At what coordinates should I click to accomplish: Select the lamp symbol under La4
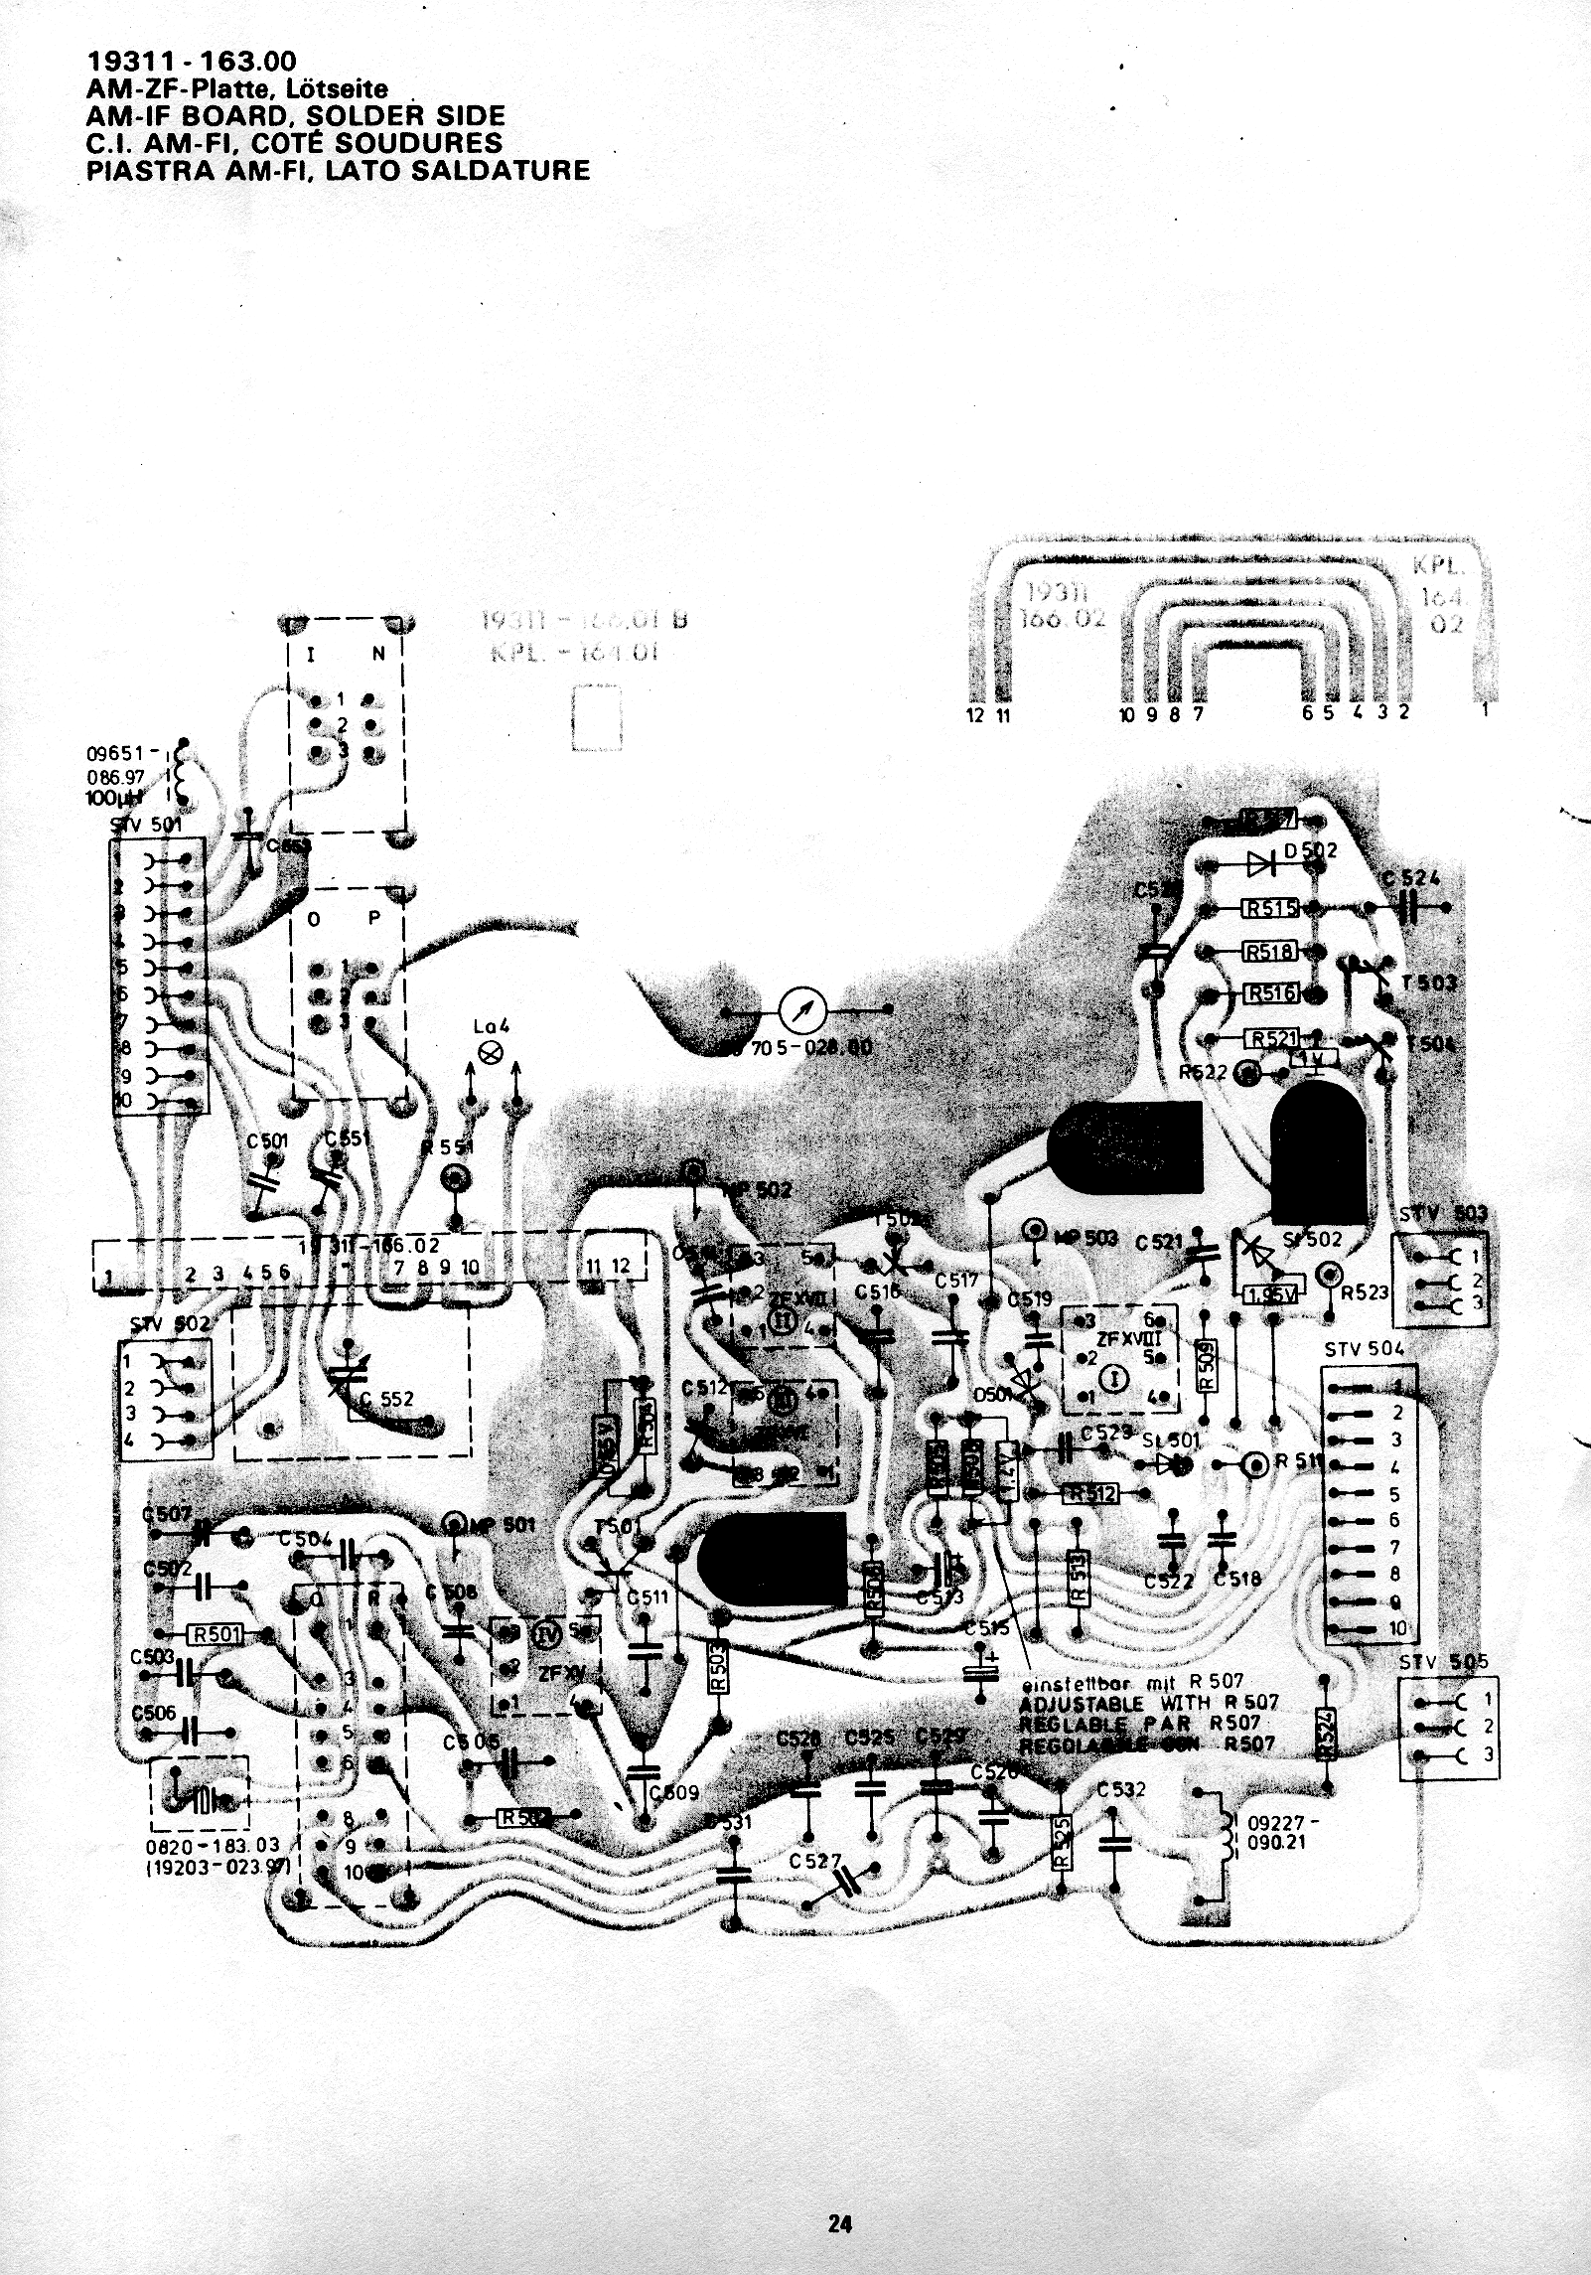click(492, 1053)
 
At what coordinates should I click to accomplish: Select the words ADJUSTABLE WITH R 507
click(1148, 1703)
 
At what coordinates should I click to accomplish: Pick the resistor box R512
click(1090, 1491)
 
